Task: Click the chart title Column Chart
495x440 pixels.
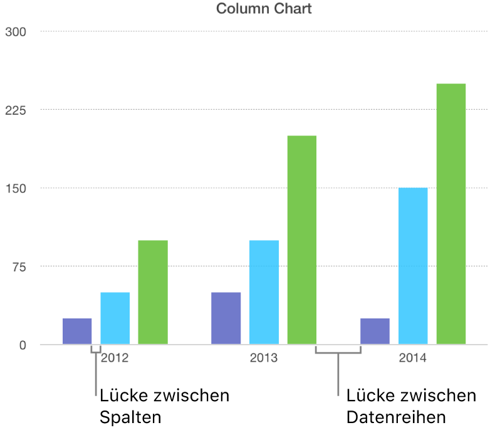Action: coord(264,9)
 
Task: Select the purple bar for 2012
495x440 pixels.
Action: coord(77,332)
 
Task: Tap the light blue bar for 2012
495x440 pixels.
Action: coord(115,318)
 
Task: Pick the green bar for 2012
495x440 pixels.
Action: coord(153,292)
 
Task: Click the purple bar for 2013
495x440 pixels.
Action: coord(226,318)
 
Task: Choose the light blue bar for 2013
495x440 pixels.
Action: coord(264,292)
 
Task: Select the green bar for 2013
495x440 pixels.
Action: coord(301,240)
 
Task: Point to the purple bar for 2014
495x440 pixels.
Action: coord(375,332)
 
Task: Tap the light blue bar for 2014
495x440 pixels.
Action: coord(413,266)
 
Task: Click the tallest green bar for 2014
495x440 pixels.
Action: coord(451,214)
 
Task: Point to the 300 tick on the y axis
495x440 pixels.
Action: coord(16,31)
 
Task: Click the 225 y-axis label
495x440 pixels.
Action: coord(16,110)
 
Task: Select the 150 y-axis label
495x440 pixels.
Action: coord(16,188)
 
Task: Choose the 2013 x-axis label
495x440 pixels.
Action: coord(264,359)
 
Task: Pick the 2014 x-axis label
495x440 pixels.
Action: coord(413,359)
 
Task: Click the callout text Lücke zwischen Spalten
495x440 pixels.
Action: coord(164,406)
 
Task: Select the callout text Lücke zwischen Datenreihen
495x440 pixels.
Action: coord(411,406)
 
